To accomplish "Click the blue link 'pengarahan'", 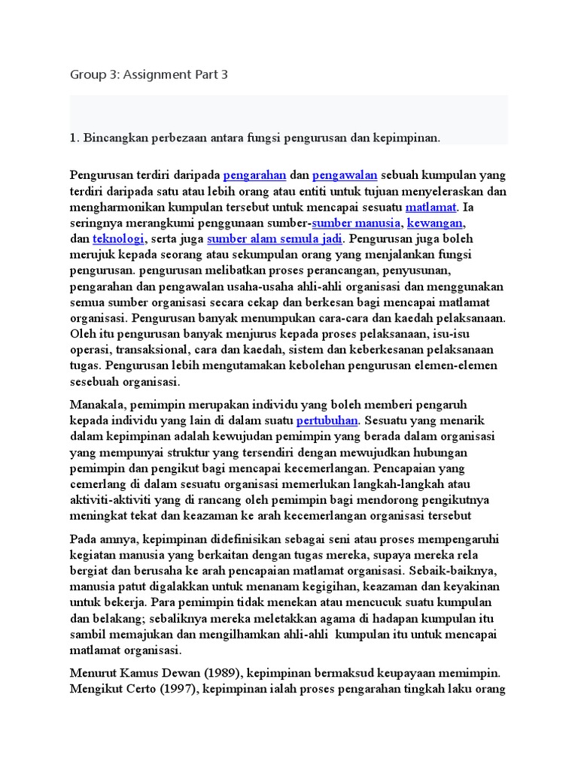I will click(x=254, y=175).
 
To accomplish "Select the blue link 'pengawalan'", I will click(x=344, y=175).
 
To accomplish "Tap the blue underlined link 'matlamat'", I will click(x=430, y=207).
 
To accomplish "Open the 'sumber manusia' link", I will click(x=356, y=223).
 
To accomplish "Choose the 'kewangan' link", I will click(x=435, y=223).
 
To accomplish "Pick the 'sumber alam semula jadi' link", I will click(x=275, y=239).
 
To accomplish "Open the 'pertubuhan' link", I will click(x=328, y=420).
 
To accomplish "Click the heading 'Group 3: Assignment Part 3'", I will click(x=148, y=74).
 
